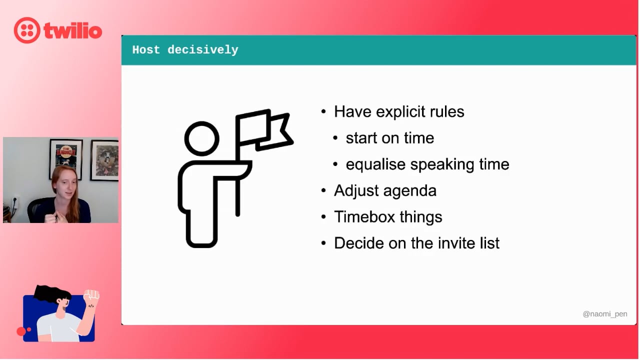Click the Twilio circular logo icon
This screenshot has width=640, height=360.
pyautogui.click(x=27, y=30)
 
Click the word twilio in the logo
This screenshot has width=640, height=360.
pyautogui.click(x=73, y=30)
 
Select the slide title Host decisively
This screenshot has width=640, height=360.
pyautogui.click(x=185, y=50)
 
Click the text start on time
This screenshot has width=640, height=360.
pyautogui.click(x=390, y=138)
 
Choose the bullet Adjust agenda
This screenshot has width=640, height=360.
pyautogui.click(x=385, y=191)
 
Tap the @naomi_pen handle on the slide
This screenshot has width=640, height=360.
pyautogui.click(x=605, y=314)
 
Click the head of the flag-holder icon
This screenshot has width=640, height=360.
pyautogui.click(x=201, y=139)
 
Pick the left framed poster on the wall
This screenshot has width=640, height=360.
pyautogui.click(x=66, y=157)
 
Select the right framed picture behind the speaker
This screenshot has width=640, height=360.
pyautogui.click(x=104, y=160)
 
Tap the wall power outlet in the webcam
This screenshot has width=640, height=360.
pyautogui.click(x=15, y=203)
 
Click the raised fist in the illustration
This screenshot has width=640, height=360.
pyautogui.click(x=91, y=295)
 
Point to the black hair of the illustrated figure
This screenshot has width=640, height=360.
pyautogui.click(x=51, y=293)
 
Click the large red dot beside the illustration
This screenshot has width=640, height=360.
pyautogui.click(x=21, y=331)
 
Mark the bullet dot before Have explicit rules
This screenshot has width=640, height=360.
pyautogui.click(x=323, y=111)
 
